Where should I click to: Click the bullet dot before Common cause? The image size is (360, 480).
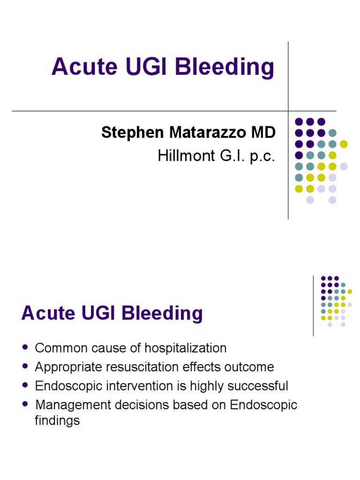(25, 348)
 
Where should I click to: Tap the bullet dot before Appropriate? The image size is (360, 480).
(25, 367)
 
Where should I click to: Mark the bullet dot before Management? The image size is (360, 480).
(25, 405)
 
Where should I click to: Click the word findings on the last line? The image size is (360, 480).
(57, 420)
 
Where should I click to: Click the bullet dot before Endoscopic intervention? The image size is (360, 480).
(25, 386)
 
